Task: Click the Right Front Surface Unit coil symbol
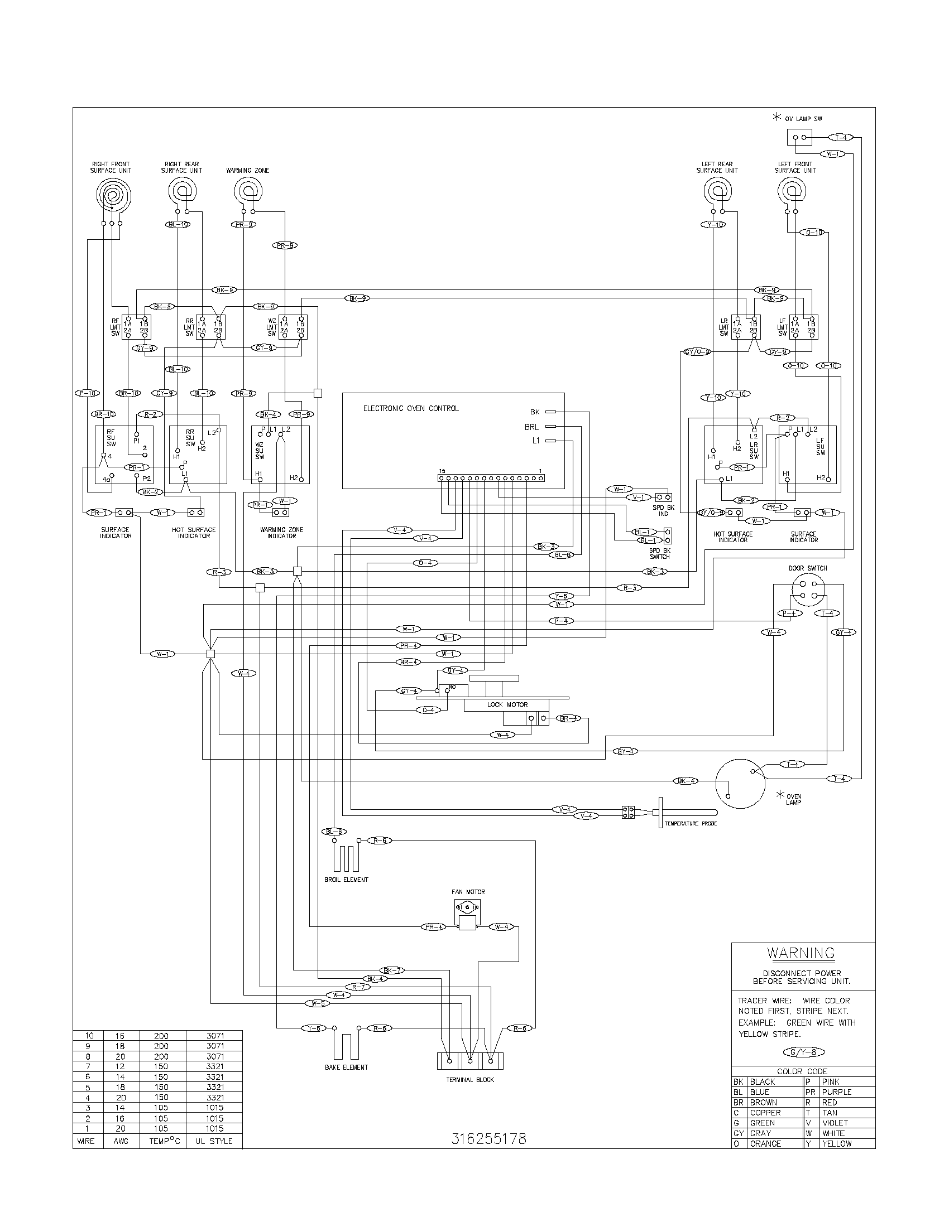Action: click(x=112, y=197)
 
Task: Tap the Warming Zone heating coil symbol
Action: click(x=248, y=192)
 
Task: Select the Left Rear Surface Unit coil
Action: click(x=717, y=192)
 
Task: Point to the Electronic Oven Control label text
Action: click(x=410, y=408)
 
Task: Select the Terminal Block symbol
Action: click(x=469, y=1061)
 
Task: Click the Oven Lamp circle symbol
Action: click(x=740, y=784)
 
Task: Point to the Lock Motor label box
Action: click(x=507, y=704)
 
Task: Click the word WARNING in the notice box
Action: click(x=801, y=953)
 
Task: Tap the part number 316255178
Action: click(x=489, y=1139)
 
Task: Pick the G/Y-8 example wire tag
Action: click(x=803, y=1052)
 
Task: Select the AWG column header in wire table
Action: click(x=121, y=1141)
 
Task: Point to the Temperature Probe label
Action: click(x=691, y=823)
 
